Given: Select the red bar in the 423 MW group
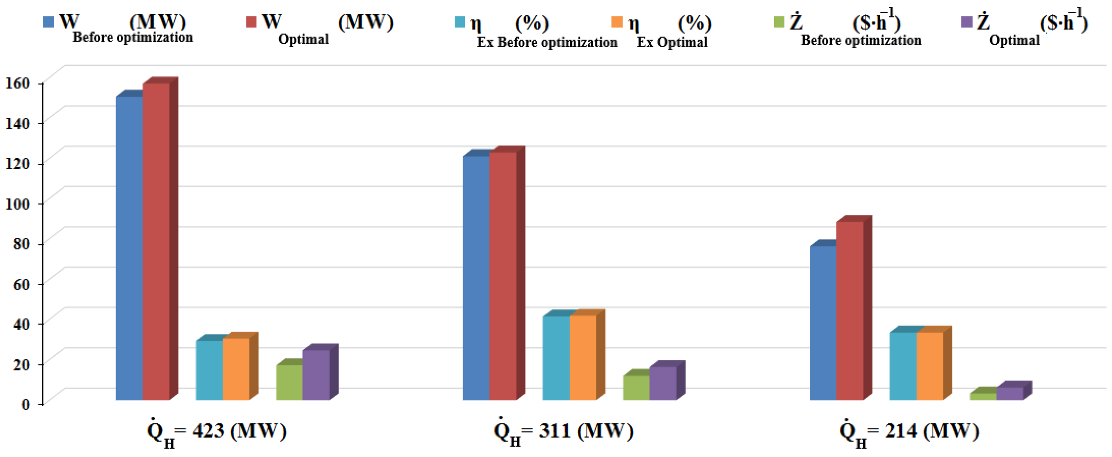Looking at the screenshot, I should (x=156, y=242).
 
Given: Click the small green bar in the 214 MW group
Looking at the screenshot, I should (x=983, y=396).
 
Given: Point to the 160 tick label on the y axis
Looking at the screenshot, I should (x=17, y=83).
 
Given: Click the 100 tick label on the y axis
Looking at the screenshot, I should (x=17, y=204).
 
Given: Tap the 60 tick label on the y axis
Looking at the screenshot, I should (x=21, y=284).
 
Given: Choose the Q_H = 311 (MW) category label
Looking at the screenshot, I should (x=563, y=431).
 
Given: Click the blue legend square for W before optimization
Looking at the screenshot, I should (x=48, y=22).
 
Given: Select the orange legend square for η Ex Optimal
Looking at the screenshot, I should (x=617, y=22).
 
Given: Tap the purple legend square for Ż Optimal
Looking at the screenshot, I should (x=967, y=22).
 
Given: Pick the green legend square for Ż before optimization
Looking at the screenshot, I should (x=779, y=22).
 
